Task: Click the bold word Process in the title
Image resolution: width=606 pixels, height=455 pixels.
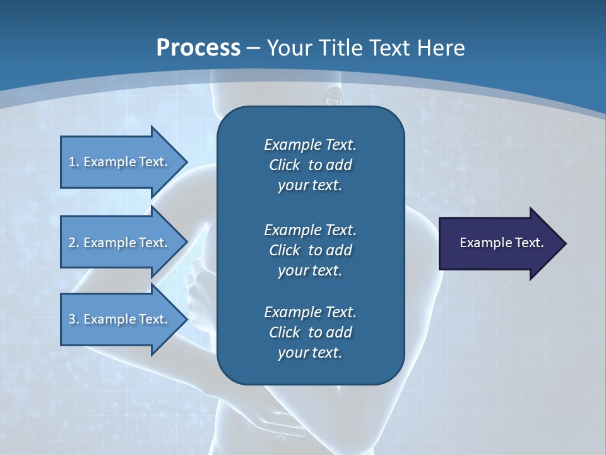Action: (198, 48)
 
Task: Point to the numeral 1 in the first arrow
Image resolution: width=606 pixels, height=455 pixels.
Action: (72, 162)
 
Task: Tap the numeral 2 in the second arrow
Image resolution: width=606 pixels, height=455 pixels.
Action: (72, 243)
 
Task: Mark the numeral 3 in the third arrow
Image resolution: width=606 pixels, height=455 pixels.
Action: (72, 319)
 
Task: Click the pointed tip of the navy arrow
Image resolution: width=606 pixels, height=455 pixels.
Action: (564, 243)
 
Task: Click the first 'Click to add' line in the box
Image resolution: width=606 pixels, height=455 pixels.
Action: (310, 166)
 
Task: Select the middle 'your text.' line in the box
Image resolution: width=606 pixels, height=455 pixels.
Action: (310, 270)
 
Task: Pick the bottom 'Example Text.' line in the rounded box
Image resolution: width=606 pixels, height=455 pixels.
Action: (310, 312)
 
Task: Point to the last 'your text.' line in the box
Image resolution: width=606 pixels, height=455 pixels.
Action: (310, 353)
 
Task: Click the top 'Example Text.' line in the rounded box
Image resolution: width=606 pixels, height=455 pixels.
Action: (310, 145)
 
